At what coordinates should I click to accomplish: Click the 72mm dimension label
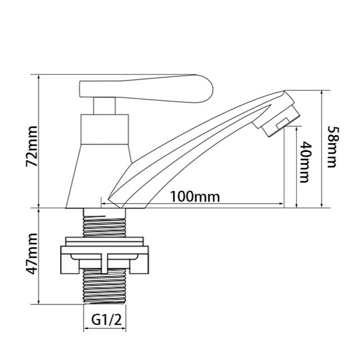32,146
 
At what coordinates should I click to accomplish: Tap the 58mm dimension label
333,147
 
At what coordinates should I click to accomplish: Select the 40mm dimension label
307,162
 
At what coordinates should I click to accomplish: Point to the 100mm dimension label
195,197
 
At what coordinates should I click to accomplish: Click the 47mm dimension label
32,254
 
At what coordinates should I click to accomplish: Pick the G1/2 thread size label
106,319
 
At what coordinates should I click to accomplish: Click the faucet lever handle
146,88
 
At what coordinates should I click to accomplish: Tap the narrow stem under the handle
104,106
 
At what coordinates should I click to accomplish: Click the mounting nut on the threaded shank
105,255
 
